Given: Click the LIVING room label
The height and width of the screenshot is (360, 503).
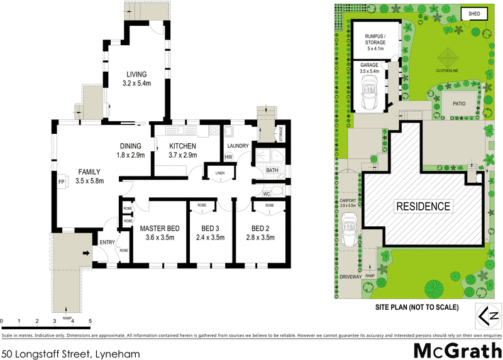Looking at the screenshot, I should tap(136, 74).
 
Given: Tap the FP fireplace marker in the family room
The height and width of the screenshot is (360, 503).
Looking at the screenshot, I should tap(62, 182).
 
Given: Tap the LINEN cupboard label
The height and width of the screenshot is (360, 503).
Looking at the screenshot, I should tap(219, 173).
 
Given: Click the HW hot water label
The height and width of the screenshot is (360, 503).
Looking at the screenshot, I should tap(228, 156).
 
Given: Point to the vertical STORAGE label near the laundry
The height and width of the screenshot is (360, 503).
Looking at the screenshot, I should tap(281, 134).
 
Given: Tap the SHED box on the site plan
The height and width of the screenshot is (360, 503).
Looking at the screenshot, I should tap(475, 14).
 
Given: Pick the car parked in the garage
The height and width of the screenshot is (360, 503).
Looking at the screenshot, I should tap(368, 94).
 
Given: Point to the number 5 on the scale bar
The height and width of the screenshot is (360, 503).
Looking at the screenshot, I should tap(91, 321).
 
